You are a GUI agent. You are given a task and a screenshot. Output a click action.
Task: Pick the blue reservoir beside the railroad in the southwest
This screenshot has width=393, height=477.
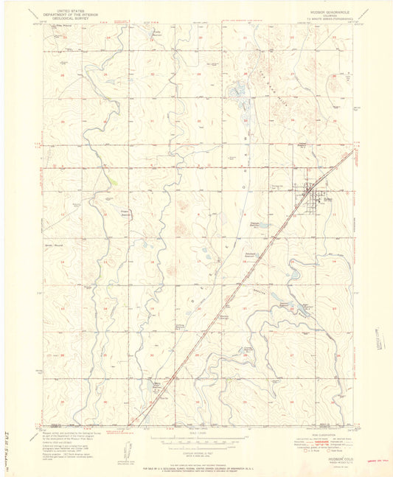click(156, 384)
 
